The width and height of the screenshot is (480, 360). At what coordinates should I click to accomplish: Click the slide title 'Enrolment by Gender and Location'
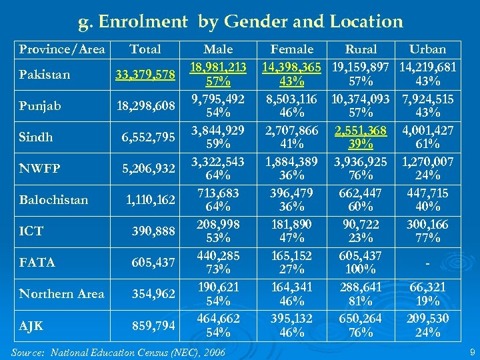[x=241, y=22]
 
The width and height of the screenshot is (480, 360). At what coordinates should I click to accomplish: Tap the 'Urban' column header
[x=427, y=49]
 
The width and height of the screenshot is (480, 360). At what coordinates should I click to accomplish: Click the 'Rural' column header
[x=361, y=49]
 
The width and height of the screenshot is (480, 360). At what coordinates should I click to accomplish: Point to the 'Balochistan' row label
[x=53, y=199]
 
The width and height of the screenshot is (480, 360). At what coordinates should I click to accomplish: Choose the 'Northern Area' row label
[x=61, y=293]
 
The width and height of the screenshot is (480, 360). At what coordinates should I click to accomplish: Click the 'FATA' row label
[x=37, y=263]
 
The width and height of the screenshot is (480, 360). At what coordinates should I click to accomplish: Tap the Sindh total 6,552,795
[x=148, y=137]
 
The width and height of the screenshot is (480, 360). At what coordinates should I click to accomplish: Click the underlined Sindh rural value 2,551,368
[x=361, y=130]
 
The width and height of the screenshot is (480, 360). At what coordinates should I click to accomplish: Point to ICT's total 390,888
[x=154, y=231]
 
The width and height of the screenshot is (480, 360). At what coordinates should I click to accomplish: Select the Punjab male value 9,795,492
[x=218, y=99]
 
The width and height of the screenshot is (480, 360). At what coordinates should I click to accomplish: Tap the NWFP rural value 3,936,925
[x=361, y=161]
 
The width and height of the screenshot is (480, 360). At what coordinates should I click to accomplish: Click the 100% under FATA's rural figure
[x=361, y=269]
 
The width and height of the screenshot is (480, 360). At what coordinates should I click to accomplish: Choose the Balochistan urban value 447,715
[x=427, y=193]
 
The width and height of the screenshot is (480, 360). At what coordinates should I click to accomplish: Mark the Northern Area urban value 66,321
[x=427, y=287]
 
